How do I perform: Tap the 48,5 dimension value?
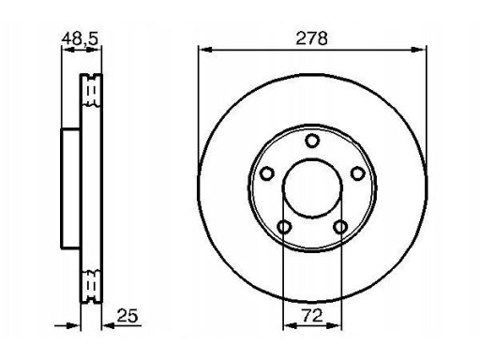pos(81,37)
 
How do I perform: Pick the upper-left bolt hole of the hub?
pos(267,173)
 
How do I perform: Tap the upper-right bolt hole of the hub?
pos(357,173)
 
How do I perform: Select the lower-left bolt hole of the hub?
pos(284,226)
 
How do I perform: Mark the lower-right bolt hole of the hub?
pos(340,226)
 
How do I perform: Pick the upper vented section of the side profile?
pos(90,90)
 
